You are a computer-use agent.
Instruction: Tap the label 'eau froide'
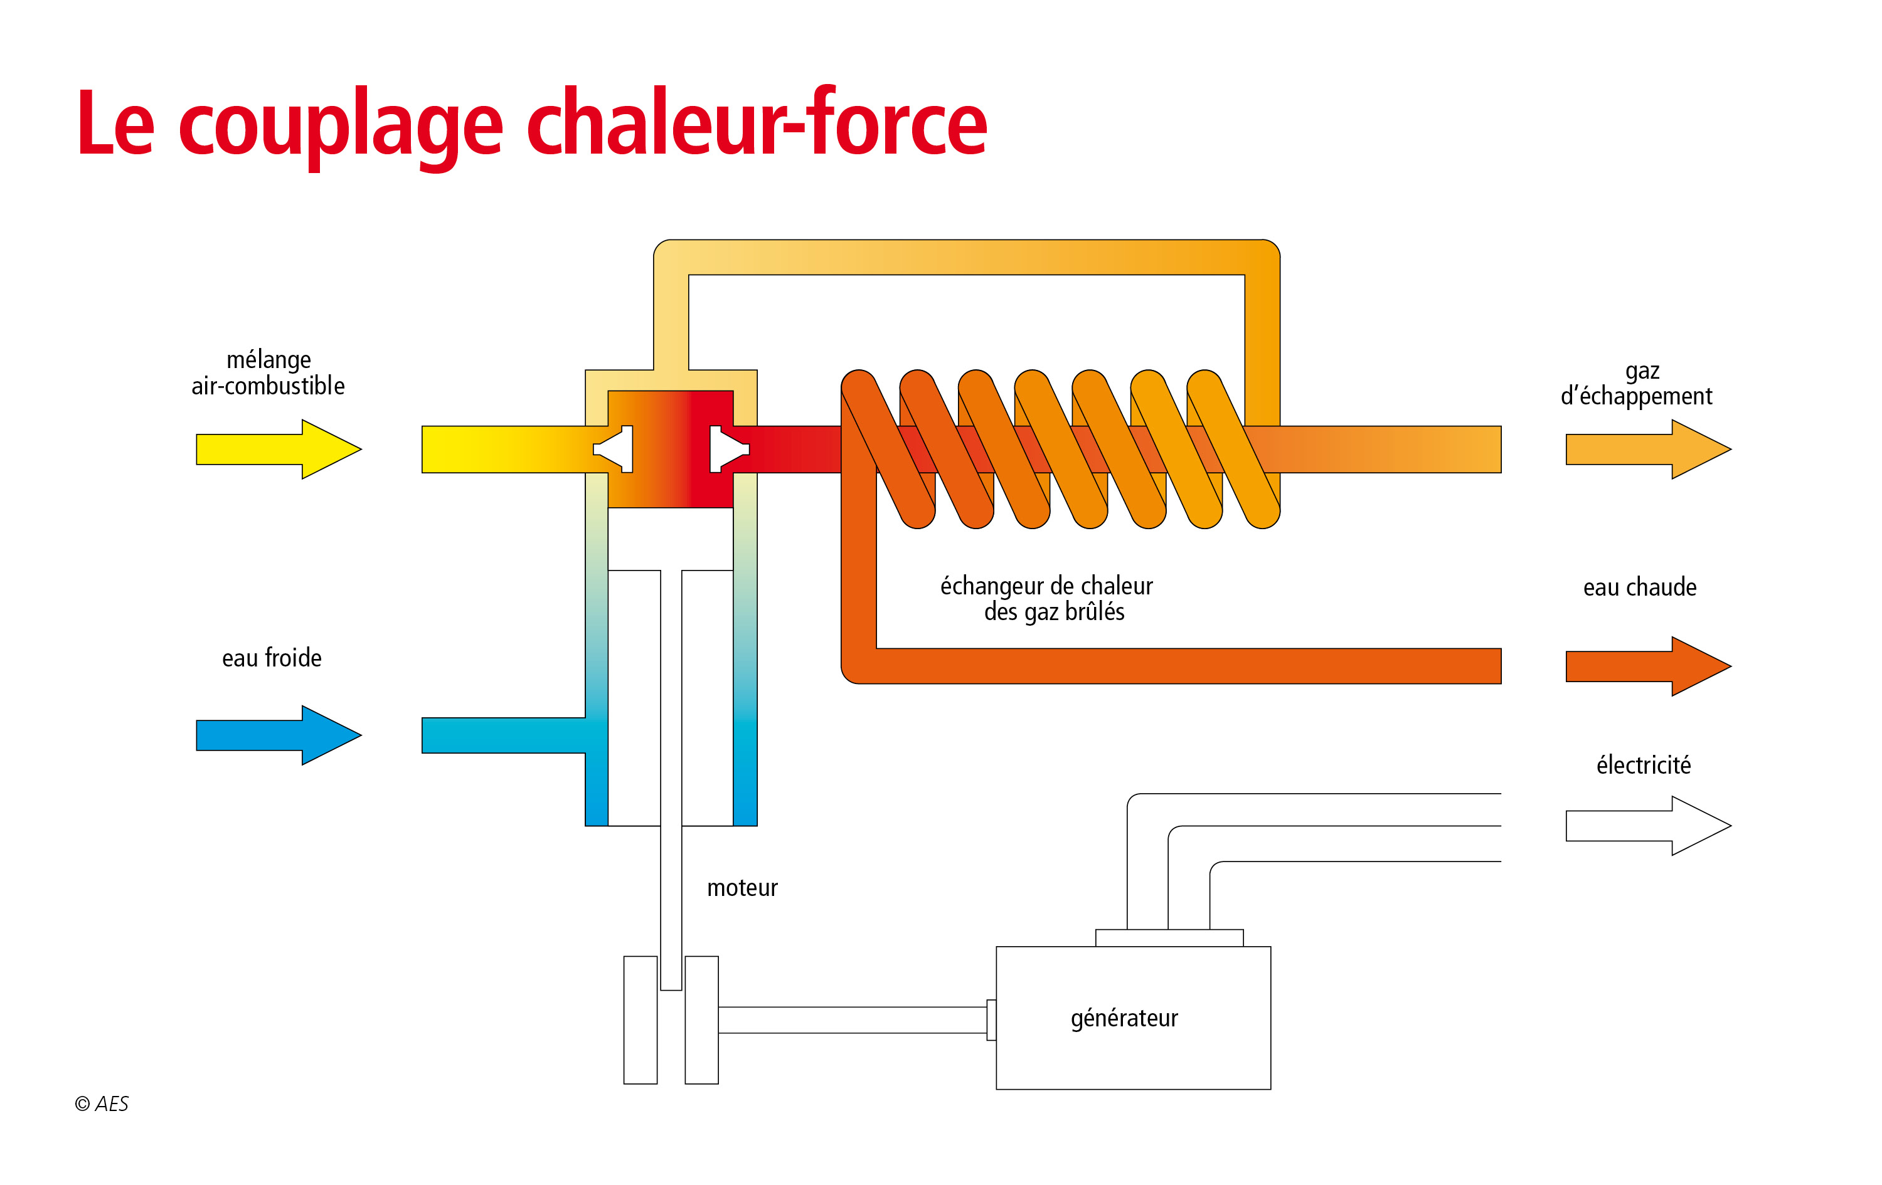(271, 658)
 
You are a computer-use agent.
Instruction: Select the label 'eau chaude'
(1640, 587)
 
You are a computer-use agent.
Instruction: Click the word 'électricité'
(1643, 765)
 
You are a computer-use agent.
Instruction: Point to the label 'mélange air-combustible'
(268, 372)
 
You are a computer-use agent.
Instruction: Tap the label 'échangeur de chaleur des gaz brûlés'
(1046, 598)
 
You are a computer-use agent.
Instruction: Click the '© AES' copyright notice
(102, 1103)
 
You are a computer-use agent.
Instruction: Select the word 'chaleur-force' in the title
(757, 123)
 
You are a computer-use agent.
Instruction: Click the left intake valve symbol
(614, 449)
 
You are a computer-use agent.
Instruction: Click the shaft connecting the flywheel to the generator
(852, 1020)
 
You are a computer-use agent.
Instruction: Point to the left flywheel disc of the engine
(640, 1020)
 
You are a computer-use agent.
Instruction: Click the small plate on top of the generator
(1169, 937)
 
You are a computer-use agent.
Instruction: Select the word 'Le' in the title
(115, 123)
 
